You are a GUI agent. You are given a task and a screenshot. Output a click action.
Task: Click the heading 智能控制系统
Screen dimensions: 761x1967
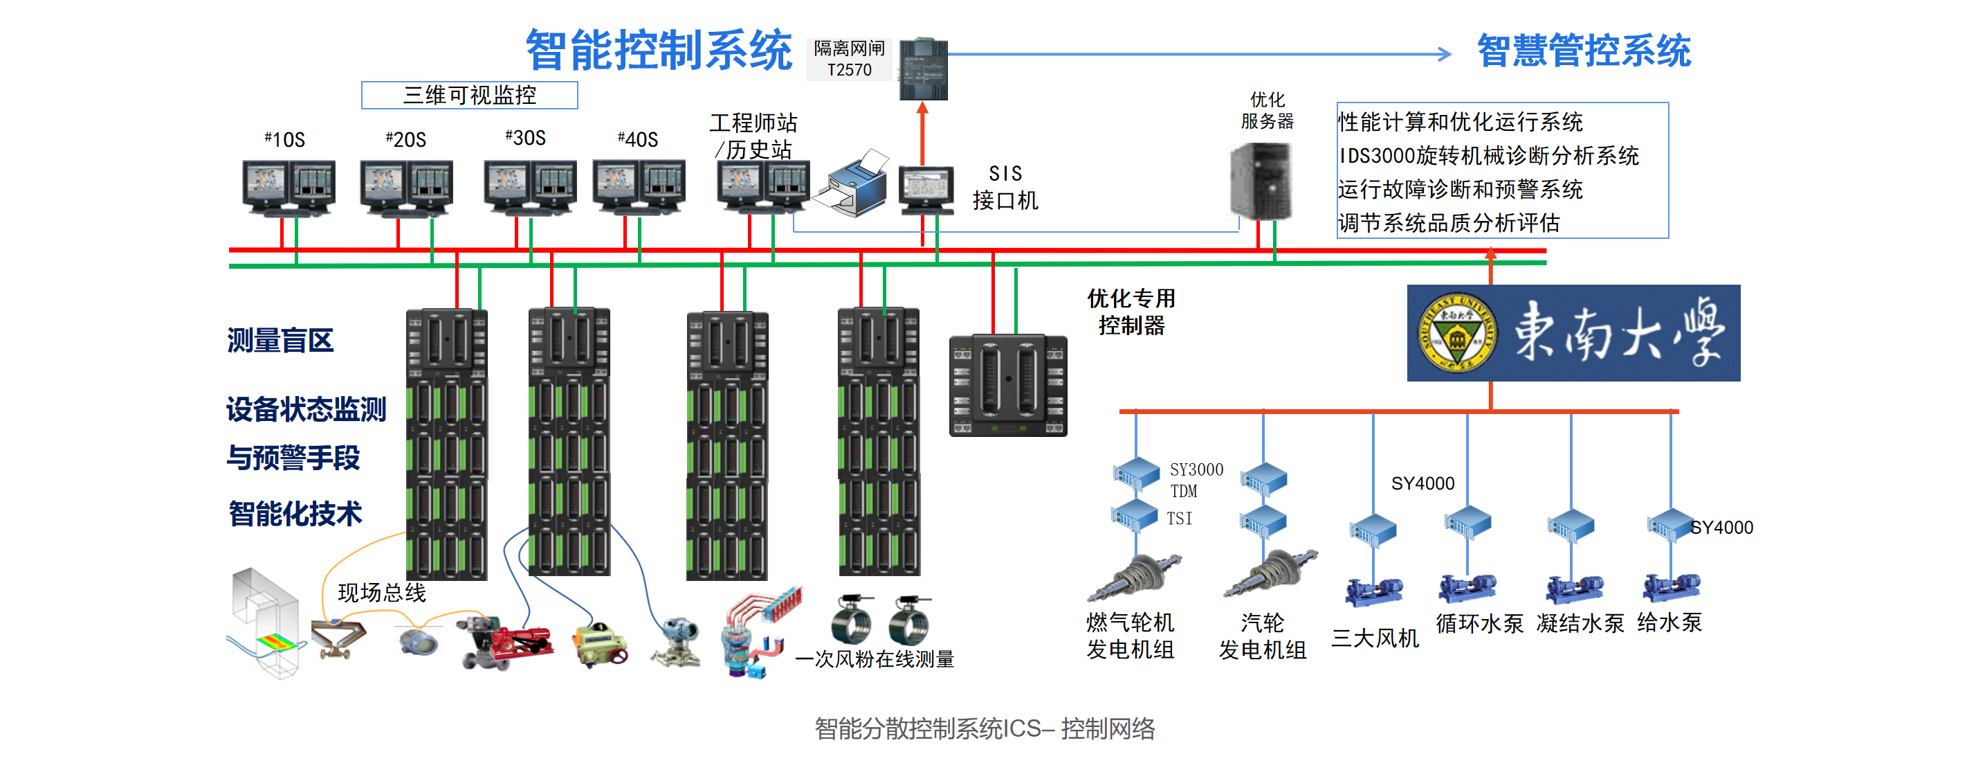click(658, 51)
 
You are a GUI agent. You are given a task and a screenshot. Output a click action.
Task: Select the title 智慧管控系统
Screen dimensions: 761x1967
click(1584, 51)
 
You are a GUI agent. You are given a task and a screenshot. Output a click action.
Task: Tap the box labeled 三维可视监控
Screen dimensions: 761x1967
click(469, 96)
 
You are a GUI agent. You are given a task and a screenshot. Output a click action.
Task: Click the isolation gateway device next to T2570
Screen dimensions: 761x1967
click(923, 69)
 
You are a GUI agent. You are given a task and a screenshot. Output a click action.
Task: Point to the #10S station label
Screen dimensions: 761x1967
click(285, 140)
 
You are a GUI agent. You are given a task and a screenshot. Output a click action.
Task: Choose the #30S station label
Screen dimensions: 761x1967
click(525, 138)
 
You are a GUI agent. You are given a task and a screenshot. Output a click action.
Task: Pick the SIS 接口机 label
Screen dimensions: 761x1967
click(1005, 187)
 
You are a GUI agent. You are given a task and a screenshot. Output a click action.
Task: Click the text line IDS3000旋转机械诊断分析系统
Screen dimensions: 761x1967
click(1488, 156)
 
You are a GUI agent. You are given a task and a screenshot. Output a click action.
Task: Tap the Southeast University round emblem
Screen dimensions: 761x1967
click(1457, 334)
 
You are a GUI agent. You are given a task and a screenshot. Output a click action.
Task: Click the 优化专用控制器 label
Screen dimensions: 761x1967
click(1131, 312)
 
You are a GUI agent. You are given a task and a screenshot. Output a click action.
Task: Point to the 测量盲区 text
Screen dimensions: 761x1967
click(280, 340)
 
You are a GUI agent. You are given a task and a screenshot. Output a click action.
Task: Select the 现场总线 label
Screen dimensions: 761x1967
click(382, 592)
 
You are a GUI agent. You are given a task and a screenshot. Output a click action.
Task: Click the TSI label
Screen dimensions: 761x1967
click(1179, 519)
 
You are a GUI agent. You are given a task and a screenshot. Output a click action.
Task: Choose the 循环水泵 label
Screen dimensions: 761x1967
click(1479, 623)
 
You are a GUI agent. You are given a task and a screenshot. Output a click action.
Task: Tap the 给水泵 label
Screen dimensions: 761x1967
click(1669, 623)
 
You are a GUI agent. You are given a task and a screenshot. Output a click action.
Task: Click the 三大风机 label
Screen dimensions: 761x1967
click(1375, 638)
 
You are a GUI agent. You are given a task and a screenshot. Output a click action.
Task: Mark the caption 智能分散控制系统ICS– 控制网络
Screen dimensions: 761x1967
click(985, 728)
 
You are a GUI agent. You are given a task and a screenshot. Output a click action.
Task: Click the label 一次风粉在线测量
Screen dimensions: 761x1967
click(875, 659)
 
